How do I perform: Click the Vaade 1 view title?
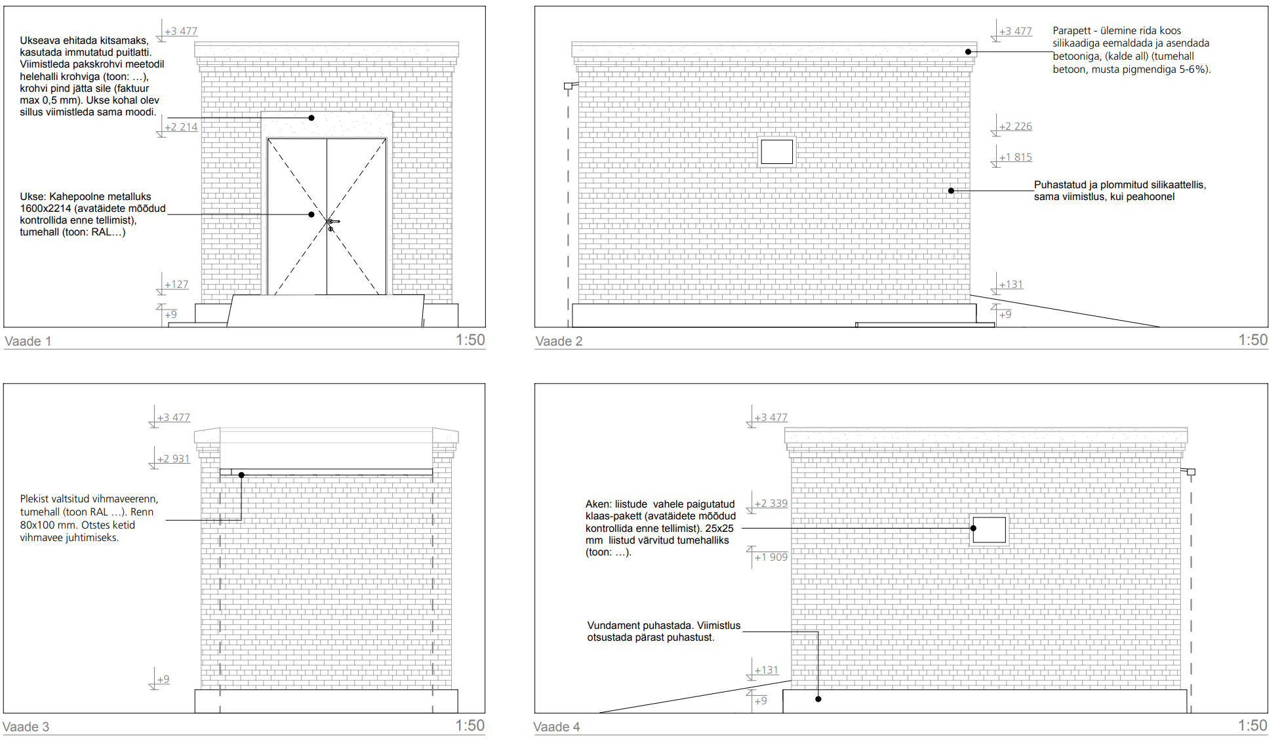[28, 341]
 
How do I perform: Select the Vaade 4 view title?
[557, 727]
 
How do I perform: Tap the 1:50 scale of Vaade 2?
[1252, 340]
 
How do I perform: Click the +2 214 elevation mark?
[180, 127]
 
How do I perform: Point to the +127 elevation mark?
[176, 285]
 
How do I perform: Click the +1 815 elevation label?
[1015, 157]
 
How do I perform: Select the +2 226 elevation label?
[1015, 127]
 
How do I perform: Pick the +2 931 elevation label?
[173, 459]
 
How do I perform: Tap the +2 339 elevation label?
[771, 504]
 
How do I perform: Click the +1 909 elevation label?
[771, 557]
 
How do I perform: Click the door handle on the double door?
[333, 222]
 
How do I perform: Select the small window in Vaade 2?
[776, 152]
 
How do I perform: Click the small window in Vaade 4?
[989, 530]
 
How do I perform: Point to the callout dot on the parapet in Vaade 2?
[968, 52]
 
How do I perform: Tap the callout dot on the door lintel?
[311, 118]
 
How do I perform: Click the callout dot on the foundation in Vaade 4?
[818, 699]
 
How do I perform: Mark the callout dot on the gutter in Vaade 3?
[241, 475]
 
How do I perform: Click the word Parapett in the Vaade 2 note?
[1072, 31]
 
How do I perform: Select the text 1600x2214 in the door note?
[45, 209]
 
